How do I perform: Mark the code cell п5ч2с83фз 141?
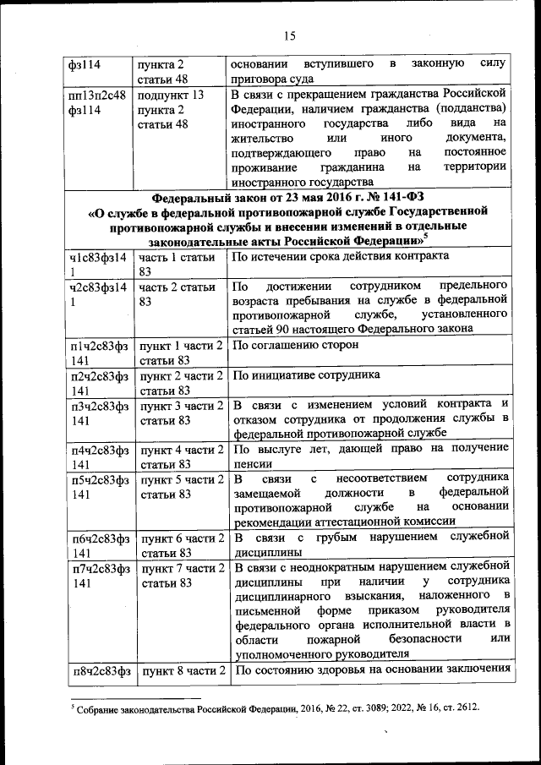[x=98, y=487]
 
